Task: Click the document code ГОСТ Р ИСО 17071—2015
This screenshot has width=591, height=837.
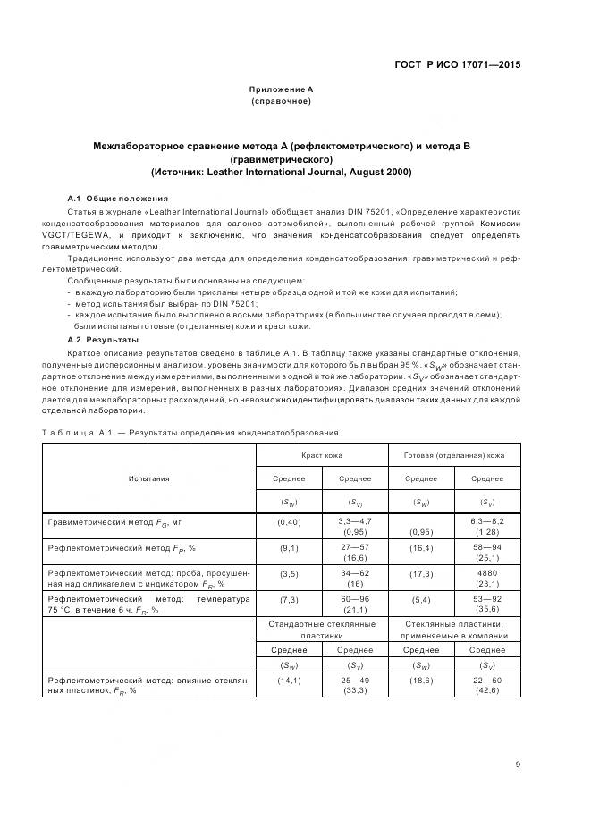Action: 458,65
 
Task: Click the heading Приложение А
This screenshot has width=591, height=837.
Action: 281,89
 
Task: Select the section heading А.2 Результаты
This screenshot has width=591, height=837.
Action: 103,341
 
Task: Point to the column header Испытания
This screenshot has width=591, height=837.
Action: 148,478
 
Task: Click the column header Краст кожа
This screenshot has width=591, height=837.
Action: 322,455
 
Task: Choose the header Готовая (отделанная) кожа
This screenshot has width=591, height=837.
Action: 455,455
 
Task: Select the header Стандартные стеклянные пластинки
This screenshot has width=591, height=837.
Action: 322,629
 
